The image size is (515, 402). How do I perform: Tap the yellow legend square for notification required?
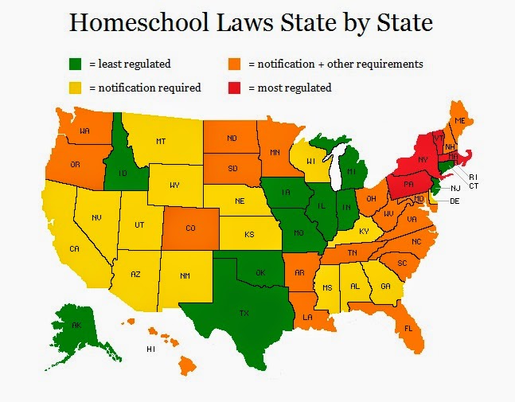point(76,87)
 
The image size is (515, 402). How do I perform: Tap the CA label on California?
point(74,249)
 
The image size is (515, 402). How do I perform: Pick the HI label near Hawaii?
point(150,349)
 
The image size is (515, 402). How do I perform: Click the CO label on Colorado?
point(191,228)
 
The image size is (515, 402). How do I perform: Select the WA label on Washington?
point(84,130)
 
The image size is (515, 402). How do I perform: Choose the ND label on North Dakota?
point(232,139)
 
